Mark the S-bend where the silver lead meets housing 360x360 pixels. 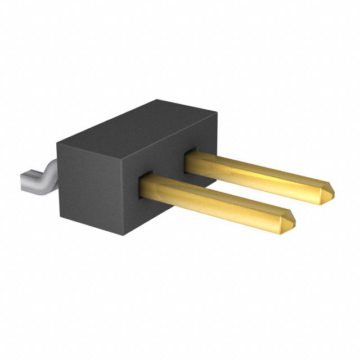(x=49, y=169)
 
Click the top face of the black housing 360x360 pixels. (x=135, y=127)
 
